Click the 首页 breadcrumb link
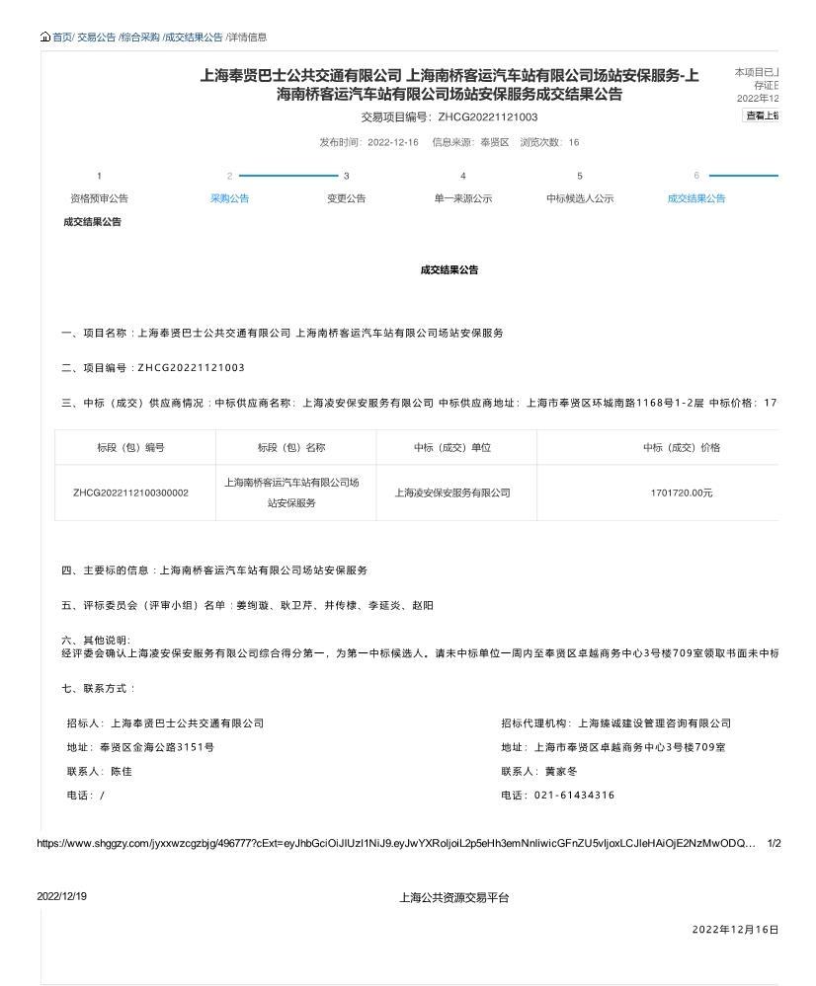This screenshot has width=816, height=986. coord(62,38)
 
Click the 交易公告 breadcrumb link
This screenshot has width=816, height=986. coord(96,38)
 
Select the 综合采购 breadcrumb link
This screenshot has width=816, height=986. coord(140,38)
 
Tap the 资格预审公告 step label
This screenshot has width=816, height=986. coord(99,198)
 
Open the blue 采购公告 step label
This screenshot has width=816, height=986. coord(229,198)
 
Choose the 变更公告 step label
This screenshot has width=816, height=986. coord(346,198)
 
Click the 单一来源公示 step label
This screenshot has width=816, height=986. coord(462,198)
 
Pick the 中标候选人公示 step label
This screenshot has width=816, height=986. coord(580,198)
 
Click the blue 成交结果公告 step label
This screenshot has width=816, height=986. coord(695,198)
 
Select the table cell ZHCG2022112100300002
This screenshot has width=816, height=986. coord(130,493)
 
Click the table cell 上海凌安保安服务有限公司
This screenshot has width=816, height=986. coord(452,493)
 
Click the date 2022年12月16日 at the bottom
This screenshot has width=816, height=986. coord(735,930)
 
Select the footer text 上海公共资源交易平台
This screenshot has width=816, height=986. coord(454,897)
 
